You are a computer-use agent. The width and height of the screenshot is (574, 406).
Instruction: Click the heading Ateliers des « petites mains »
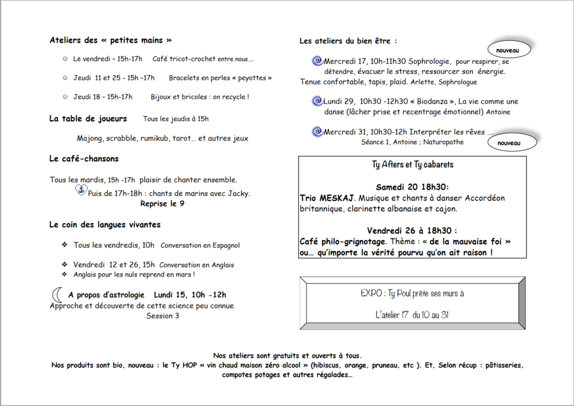coord(111,40)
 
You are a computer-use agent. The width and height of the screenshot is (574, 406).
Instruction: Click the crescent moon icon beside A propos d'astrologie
coord(57,295)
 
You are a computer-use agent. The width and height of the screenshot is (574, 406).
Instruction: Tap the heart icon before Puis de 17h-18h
coord(81,191)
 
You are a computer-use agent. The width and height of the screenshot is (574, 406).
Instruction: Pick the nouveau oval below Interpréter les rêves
coord(509,142)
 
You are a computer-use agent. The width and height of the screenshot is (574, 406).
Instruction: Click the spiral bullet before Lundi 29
coord(316,101)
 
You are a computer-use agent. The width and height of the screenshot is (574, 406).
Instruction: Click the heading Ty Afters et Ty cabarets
coord(413,165)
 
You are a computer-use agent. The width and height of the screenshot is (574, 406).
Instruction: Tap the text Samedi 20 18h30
coord(413,187)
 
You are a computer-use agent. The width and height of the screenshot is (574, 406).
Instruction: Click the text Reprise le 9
coord(162,203)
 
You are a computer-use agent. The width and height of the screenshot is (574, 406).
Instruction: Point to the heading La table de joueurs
coord(88,119)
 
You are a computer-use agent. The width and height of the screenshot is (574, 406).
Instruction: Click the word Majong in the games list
coord(90,138)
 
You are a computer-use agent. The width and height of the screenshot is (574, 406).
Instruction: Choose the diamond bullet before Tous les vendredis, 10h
coord(65,245)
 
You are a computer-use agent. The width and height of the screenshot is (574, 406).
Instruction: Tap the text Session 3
coord(162,316)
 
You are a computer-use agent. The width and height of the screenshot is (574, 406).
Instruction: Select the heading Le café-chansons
coord(84,158)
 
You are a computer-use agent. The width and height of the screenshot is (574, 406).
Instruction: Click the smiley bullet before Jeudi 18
coord(65,97)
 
